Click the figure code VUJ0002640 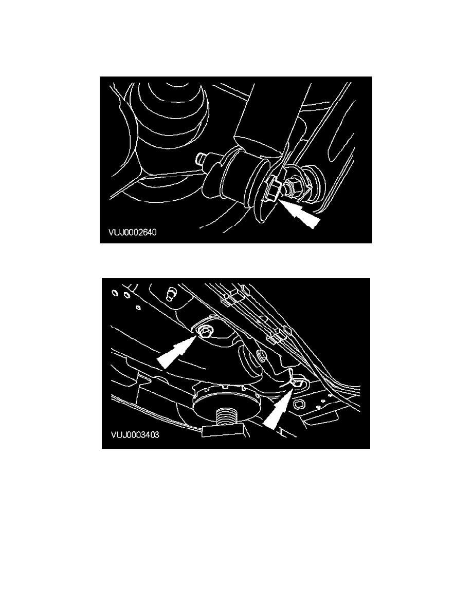point(133,232)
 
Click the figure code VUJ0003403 point(135,434)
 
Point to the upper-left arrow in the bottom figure point(176,352)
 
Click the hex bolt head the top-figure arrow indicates point(273,190)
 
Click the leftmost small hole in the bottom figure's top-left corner point(115,293)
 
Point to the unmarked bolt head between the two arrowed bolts point(261,355)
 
